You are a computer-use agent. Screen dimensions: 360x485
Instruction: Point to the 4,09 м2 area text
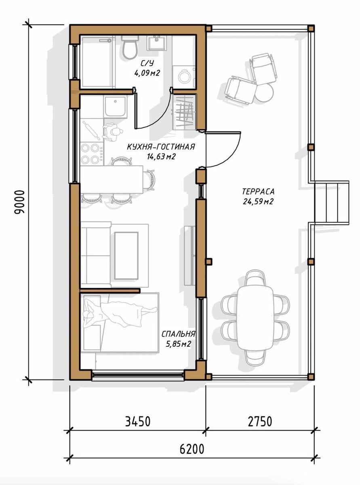pyautogui.click(x=147, y=73)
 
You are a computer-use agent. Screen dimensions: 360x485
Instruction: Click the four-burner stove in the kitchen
pyautogui.click(x=91, y=154)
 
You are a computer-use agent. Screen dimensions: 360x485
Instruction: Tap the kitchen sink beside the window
pyautogui.click(x=115, y=106)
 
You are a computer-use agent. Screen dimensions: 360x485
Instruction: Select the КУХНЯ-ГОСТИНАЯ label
pyautogui.click(x=161, y=147)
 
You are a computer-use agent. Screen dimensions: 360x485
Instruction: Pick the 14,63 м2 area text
pyautogui.click(x=161, y=156)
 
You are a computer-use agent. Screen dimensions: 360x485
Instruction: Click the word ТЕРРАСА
pyautogui.click(x=258, y=192)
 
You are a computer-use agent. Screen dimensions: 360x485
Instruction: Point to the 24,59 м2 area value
pyautogui.click(x=258, y=201)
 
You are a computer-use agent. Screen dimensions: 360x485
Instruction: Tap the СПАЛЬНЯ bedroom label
pyautogui.click(x=178, y=334)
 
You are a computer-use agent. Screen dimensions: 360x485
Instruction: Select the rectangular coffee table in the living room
pyautogui.click(x=126, y=255)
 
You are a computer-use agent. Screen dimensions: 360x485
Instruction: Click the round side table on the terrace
pyautogui.click(x=264, y=93)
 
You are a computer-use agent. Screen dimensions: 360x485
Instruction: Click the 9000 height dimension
pyautogui.click(x=21, y=202)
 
